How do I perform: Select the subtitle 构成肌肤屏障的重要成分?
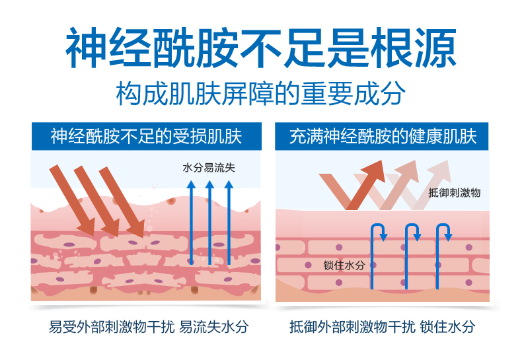point(261,94)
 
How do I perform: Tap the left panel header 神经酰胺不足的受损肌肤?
point(146,137)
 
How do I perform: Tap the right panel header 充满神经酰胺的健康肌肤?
point(383,137)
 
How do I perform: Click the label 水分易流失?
point(209,167)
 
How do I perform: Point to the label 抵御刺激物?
point(454,193)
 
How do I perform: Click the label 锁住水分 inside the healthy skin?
point(344,265)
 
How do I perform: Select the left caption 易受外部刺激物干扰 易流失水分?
point(149,327)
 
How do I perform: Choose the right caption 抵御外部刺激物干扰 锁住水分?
point(382,327)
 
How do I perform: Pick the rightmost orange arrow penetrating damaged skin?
point(122,202)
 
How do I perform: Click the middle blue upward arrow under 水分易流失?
point(209,223)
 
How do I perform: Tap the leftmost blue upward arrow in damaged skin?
point(191,223)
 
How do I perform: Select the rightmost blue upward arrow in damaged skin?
point(229,223)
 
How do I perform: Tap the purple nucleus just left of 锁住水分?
point(309,265)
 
